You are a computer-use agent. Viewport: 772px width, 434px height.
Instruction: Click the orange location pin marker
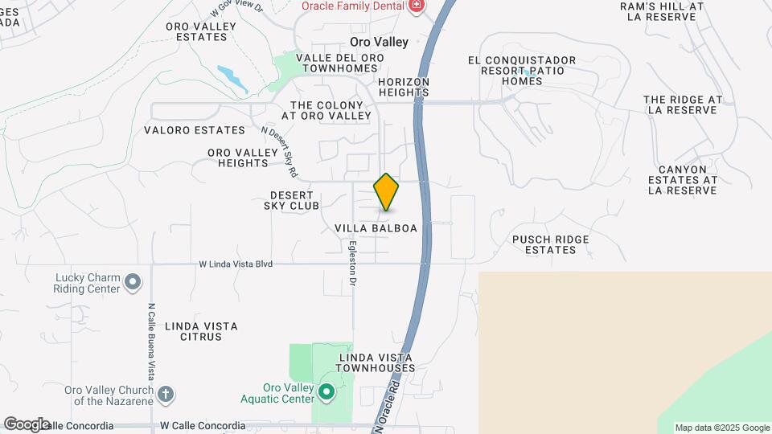386,192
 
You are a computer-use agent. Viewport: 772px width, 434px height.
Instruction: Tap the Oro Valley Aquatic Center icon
326,392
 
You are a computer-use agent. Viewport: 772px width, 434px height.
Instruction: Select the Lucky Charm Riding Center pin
133,283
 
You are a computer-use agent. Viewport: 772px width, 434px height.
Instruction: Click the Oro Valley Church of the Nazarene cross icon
166,394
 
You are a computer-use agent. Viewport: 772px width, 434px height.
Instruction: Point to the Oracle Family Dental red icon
416,6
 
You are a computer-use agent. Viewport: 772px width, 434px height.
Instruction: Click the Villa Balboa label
376,228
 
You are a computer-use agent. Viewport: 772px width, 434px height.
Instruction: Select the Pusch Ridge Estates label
551,244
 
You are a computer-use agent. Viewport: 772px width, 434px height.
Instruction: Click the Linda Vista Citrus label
201,331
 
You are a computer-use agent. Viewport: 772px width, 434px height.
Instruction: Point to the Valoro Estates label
194,130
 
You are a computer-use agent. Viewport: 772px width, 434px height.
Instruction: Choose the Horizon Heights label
404,87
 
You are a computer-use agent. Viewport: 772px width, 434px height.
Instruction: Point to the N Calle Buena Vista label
151,342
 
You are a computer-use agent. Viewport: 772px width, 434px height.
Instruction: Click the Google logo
27,424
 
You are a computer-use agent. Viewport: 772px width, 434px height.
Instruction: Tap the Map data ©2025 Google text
721,428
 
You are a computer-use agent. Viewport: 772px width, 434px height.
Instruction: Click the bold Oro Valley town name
379,42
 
